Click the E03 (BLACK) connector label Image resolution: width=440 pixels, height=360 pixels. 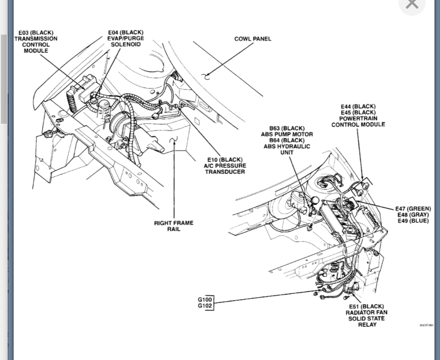[36, 33]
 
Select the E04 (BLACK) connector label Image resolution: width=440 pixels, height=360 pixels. [126, 32]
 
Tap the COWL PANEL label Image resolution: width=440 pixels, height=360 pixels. [252, 39]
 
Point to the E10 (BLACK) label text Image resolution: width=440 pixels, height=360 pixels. [225, 160]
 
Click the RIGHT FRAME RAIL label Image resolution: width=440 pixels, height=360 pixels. [174, 226]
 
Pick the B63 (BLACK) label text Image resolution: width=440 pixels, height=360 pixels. [287, 128]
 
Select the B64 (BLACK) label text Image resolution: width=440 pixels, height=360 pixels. [287, 140]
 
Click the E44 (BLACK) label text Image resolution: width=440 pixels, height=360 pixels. [358, 107]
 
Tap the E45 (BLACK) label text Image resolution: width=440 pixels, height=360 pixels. [358, 112]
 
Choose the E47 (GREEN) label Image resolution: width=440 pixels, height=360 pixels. [412, 209]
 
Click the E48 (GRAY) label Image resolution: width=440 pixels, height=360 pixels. [412, 215]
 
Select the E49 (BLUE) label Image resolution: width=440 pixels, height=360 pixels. [412, 221]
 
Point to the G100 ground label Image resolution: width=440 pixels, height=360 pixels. [205, 300]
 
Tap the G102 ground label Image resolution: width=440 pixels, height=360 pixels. [205, 306]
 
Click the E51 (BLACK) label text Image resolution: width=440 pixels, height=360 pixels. [367, 306]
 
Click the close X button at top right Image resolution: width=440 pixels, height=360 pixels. [412, 4]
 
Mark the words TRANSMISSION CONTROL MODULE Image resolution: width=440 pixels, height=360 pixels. [36, 45]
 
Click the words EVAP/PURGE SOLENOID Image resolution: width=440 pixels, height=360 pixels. [126, 41]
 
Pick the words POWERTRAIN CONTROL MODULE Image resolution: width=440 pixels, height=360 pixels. [358, 121]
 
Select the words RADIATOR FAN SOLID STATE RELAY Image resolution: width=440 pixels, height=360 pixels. [367, 319]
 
